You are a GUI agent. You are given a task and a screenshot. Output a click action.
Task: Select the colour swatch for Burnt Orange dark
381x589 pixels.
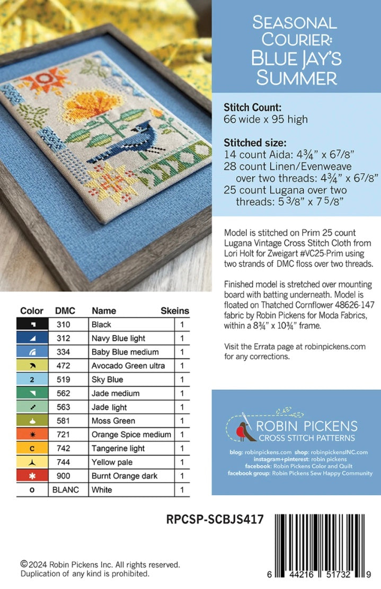click(33, 476)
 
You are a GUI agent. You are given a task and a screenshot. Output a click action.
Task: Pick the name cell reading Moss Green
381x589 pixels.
click(113, 421)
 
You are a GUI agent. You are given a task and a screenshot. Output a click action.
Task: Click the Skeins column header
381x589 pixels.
click(175, 311)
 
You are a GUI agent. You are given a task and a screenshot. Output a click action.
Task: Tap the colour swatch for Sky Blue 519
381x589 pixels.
click(33, 380)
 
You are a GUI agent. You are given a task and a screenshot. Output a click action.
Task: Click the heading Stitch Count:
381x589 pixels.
click(249, 107)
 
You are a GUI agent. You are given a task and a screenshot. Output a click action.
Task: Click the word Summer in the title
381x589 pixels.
click(296, 78)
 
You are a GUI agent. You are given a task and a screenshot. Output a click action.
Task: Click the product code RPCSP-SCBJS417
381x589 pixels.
click(214, 520)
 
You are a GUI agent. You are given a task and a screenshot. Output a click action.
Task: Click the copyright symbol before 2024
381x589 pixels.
click(24, 565)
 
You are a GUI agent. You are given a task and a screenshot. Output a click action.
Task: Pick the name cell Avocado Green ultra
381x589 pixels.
click(128, 366)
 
